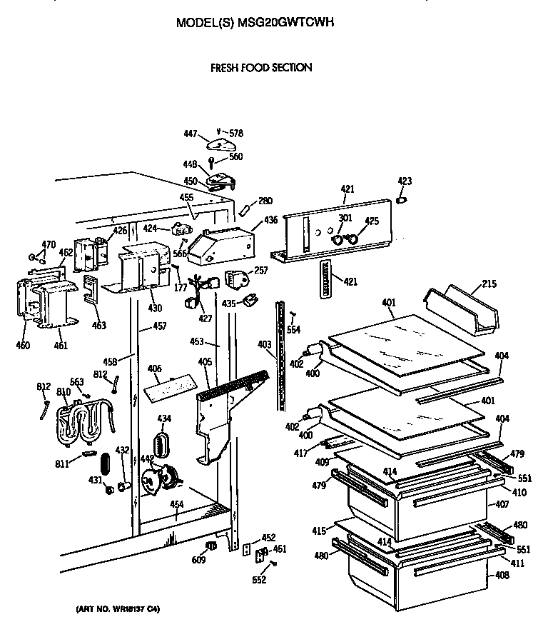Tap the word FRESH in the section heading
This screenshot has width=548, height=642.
(224, 68)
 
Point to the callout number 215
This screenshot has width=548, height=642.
(488, 284)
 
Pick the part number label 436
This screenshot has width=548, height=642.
(271, 221)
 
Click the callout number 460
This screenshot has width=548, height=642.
(24, 346)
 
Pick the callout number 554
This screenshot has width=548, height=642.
(293, 329)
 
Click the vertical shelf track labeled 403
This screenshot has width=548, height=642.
(281, 357)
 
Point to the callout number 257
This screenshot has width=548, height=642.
(260, 271)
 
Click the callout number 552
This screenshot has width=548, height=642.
(259, 580)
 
